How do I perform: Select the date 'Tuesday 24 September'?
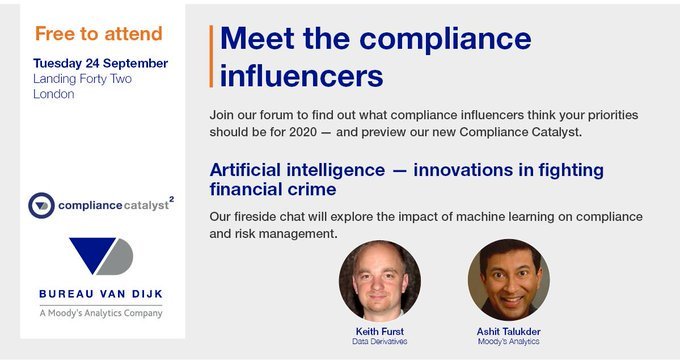[100, 63]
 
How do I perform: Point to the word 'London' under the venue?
[54, 94]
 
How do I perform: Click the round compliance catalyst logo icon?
[41, 206]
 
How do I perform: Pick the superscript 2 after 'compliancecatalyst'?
[171, 199]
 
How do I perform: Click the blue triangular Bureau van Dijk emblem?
[100, 257]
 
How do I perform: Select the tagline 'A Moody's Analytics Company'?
[100, 312]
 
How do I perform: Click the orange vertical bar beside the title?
[212, 56]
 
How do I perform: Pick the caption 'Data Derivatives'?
[378, 341]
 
